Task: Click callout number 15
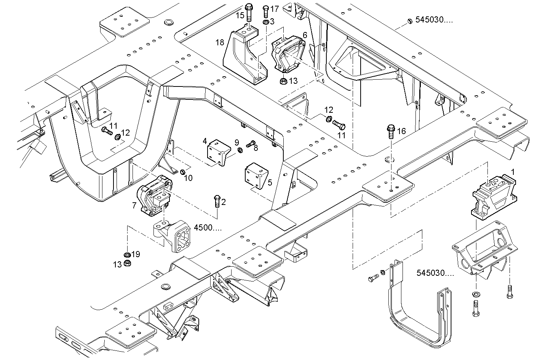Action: tap(240, 16)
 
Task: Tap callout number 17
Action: tap(275, 8)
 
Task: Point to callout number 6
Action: tap(305, 35)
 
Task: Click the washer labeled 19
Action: tap(126, 255)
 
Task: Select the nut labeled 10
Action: tap(182, 172)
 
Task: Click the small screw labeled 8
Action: tap(250, 144)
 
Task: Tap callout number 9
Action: tap(237, 142)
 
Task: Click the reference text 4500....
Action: tap(208, 228)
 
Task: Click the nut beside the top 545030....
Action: tap(409, 21)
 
